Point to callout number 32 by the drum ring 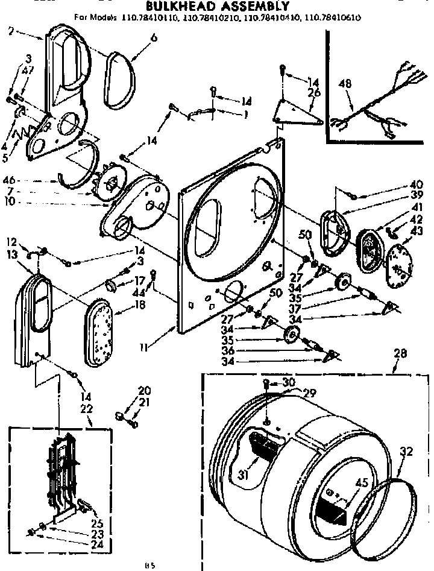tap(407, 450)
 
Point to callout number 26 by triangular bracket tap(312, 92)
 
